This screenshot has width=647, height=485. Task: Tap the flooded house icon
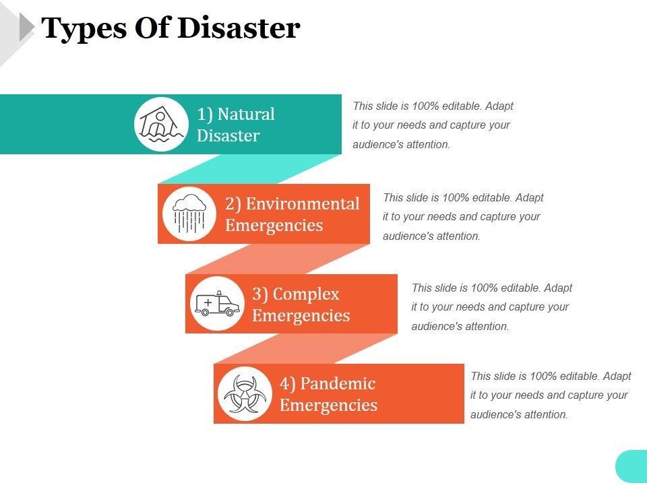click(161, 125)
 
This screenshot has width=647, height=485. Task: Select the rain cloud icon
click(189, 214)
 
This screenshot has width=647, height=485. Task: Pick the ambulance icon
click(217, 304)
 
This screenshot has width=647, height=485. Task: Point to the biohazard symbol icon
click(245, 393)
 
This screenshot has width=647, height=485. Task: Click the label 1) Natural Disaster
click(235, 125)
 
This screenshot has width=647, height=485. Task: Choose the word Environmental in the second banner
click(303, 203)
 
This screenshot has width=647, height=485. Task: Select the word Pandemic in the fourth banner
click(338, 383)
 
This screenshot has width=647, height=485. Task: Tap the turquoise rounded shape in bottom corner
click(631, 467)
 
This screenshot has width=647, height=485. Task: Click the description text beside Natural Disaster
click(433, 125)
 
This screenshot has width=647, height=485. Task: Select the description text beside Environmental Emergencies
click(463, 217)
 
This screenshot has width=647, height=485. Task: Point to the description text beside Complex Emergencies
click(491, 307)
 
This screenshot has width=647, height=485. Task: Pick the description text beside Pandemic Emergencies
click(551, 395)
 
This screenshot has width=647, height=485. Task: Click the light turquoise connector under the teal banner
click(249, 168)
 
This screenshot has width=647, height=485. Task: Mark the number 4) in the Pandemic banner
click(288, 383)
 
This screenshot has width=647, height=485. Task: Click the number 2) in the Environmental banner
click(233, 203)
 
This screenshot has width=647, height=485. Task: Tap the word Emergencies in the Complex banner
click(301, 315)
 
